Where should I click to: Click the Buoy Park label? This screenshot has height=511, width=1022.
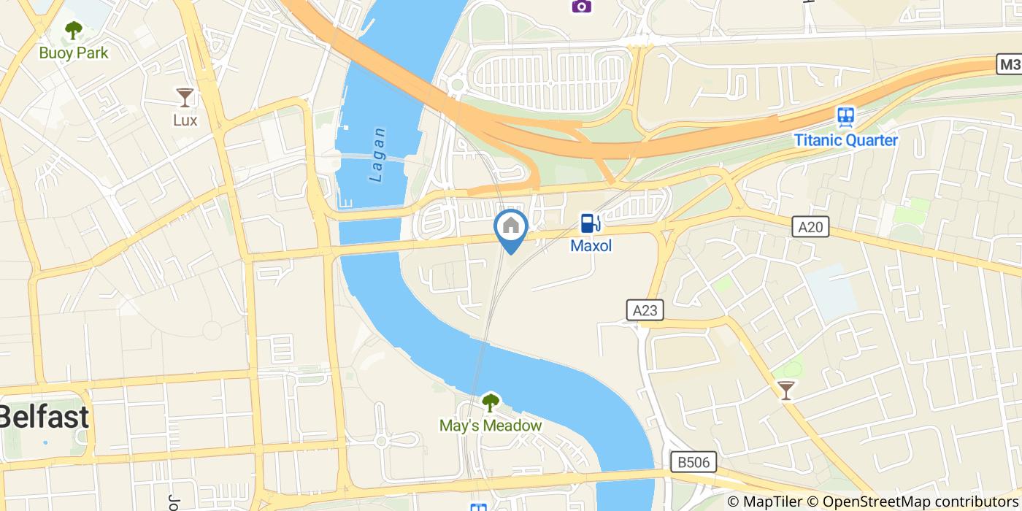coord(74,53)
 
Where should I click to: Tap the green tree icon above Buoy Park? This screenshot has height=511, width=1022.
coord(73,31)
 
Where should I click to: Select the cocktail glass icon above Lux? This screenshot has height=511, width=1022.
coord(185,97)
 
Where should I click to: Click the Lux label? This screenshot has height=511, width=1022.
coord(185,120)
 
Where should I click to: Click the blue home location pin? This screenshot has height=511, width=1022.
coord(511,228)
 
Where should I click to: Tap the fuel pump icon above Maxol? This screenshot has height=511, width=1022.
coord(591,223)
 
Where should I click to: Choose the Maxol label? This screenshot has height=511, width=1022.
coord(591,246)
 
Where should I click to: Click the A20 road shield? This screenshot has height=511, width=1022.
coord(810,227)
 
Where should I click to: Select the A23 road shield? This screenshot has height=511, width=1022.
coord(645,310)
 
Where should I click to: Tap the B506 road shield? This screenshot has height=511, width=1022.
coord(693,461)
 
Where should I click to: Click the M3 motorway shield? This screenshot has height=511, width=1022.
coord(1009,64)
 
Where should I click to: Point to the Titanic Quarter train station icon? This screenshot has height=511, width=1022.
coord(845,117)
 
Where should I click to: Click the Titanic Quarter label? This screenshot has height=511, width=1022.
coord(846,140)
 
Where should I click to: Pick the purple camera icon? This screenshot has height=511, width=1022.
coord(581,6)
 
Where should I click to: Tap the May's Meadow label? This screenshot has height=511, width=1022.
coord(491,425)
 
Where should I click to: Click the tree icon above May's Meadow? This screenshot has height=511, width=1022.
coord(491,402)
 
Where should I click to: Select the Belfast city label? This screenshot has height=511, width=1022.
coord(44,417)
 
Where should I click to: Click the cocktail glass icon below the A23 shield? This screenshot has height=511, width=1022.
coord(785,391)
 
